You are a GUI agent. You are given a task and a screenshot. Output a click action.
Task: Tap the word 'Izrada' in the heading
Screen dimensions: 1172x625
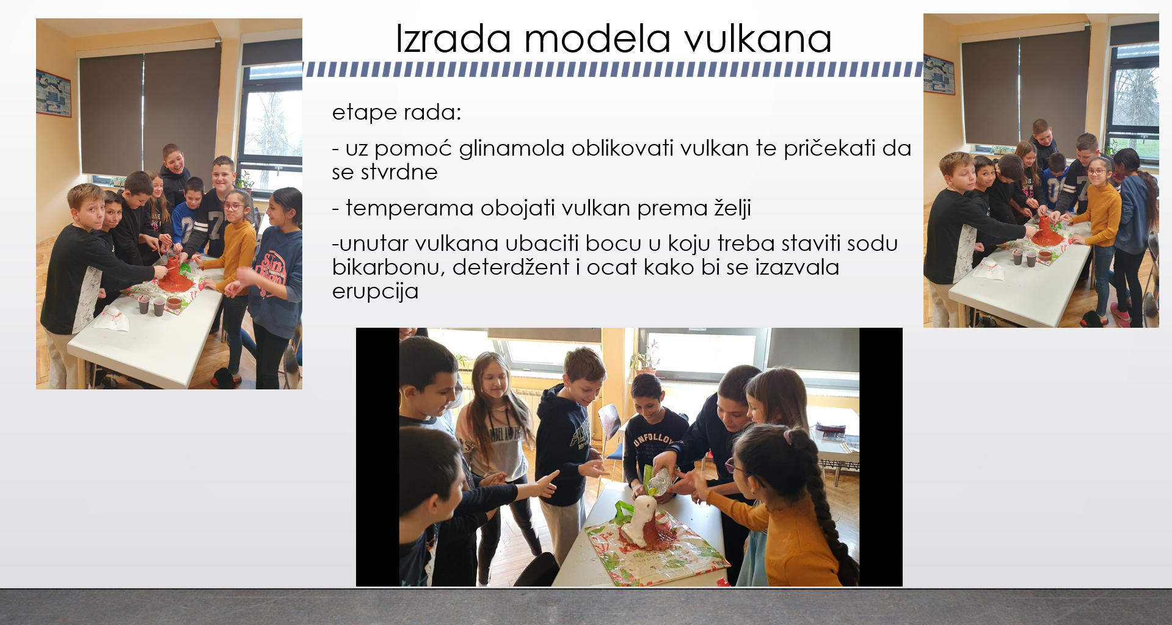[453, 38]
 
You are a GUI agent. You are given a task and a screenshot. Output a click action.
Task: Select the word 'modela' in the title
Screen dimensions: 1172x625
[597, 38]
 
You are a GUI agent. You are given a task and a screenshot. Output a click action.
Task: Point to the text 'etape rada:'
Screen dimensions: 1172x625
[396, 113]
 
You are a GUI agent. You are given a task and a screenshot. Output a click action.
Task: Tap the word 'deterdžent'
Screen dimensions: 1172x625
[511, 267]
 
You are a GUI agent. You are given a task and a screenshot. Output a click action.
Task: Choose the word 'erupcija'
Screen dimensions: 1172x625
[375, 292]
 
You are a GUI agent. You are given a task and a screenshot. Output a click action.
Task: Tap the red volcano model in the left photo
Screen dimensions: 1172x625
[175, 278]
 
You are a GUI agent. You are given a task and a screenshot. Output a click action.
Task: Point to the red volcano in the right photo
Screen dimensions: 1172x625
[1047, 231]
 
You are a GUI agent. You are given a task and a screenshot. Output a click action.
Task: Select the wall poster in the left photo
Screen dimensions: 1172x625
[53, 93]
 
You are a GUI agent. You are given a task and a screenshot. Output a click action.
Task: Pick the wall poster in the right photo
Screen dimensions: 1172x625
[939, 74]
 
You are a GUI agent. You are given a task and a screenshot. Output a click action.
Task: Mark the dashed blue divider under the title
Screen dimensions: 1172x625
[613, 70]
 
